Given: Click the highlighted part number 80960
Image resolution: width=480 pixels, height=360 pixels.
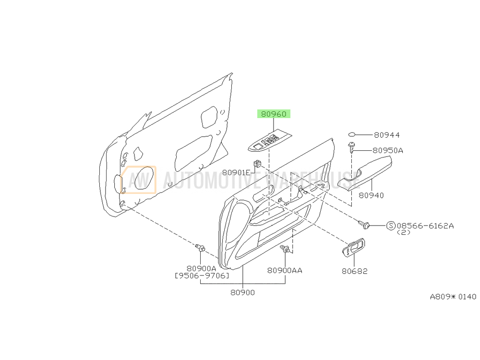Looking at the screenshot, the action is (274, 114).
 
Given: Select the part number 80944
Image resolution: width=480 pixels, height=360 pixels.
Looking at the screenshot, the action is (386, 135).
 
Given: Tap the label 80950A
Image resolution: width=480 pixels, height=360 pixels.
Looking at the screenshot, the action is (387, 150).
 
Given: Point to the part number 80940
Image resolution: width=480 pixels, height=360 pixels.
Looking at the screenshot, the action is (371, 195).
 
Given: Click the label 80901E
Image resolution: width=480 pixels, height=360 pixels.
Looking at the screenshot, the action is (236, 173).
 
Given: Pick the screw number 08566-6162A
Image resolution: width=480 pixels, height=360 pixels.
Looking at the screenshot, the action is (425, 226).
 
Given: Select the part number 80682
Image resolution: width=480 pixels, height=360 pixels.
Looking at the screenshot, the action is (355, 271).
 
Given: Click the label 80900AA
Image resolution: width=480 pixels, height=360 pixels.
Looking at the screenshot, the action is (285, 270).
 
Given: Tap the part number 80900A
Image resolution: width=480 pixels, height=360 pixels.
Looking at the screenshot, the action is (202, 269).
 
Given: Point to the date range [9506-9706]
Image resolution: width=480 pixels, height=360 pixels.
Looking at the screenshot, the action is (202, 276).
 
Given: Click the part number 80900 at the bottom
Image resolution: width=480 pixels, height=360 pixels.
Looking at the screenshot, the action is (242, 292).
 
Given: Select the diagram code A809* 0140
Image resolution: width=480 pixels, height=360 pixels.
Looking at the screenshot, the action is (454, 297).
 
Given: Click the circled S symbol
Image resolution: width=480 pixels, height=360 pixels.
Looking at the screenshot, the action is (391, 226).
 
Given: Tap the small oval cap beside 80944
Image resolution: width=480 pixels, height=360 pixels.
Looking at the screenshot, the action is (352, 134).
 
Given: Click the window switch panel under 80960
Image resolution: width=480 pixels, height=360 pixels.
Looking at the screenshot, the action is (270, 142).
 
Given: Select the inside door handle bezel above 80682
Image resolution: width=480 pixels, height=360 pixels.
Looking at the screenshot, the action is (353, 248).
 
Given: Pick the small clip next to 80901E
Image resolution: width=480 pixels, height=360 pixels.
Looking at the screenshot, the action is (258, 164).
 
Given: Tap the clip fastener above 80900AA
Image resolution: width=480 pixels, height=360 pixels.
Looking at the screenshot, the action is (285, 249).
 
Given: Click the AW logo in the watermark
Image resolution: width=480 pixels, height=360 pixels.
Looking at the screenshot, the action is (138, 180).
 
